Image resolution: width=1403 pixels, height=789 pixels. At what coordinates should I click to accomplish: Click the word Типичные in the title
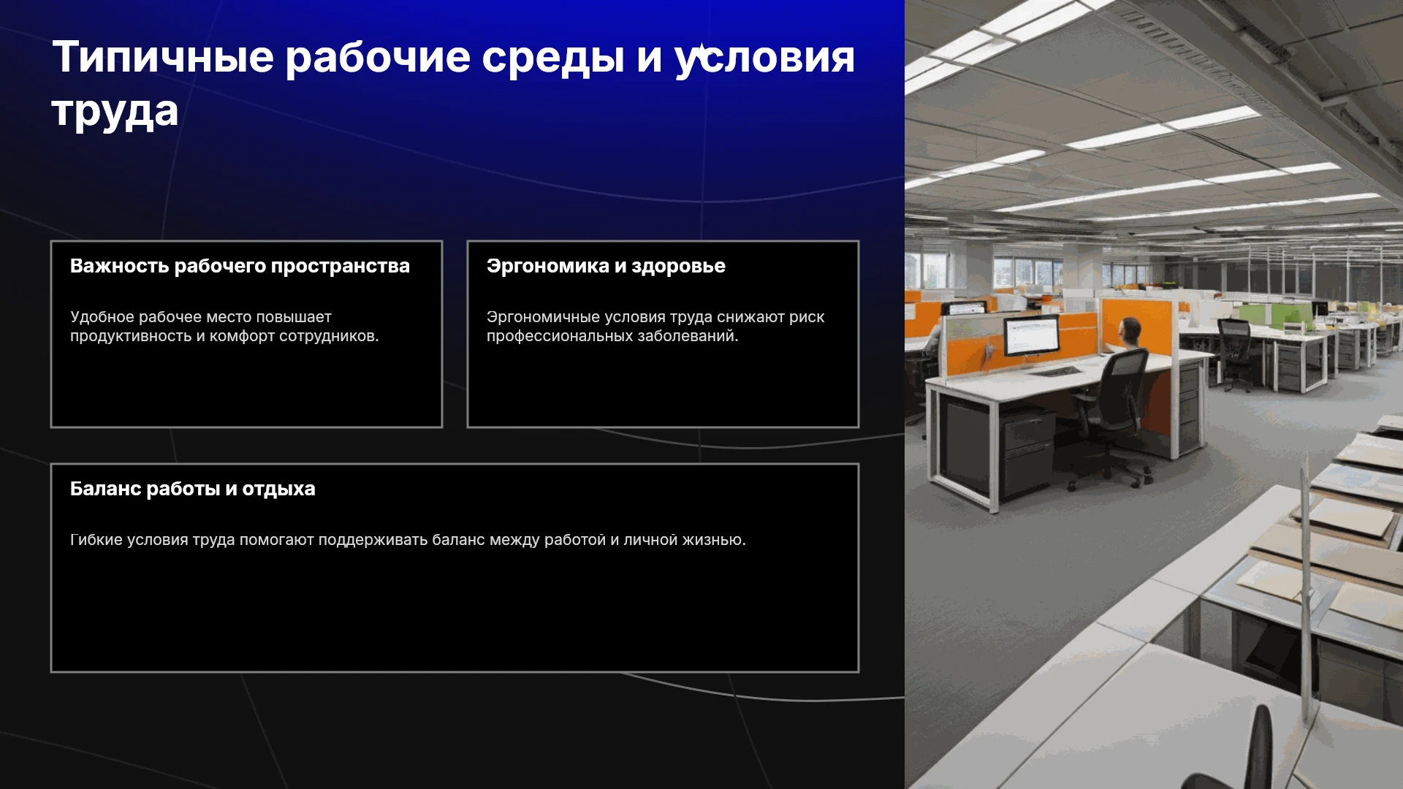coord(163,57)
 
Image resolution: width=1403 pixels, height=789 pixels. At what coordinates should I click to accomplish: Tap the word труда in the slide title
coord(115,112)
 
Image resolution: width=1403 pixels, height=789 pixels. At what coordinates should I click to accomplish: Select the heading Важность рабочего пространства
coord(240,266)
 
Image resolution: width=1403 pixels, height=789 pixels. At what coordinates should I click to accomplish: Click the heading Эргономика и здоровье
coord(606,266)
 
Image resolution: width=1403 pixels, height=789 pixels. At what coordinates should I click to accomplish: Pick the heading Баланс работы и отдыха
coord(193,489)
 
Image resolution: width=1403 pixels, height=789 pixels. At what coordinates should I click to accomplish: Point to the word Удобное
coord(102,317)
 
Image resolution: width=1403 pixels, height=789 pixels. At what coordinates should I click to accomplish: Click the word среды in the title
coord(553,58)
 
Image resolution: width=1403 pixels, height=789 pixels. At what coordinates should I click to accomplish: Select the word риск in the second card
coord(807,318)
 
